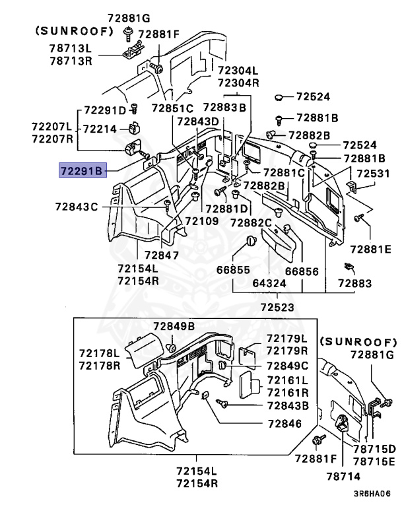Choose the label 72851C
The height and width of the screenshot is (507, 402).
tap(172, 108)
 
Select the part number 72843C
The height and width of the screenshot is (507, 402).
tap(77, 207)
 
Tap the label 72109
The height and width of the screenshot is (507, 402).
tap(201, 220)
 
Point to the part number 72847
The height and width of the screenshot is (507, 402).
tap(162, 255)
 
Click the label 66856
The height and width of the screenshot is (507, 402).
tap(302, 271)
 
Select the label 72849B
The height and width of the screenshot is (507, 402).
tap(174, 326)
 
